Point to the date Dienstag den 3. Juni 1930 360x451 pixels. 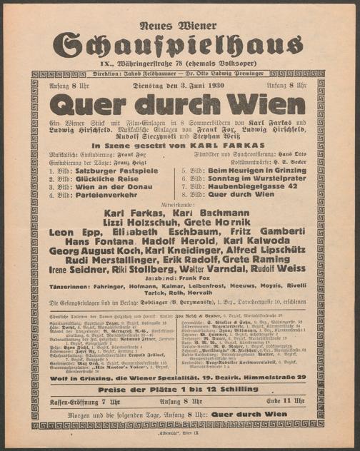point(180,86)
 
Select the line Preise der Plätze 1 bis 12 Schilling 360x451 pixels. point(180,390)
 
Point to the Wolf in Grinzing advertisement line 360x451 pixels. point(180,377)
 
